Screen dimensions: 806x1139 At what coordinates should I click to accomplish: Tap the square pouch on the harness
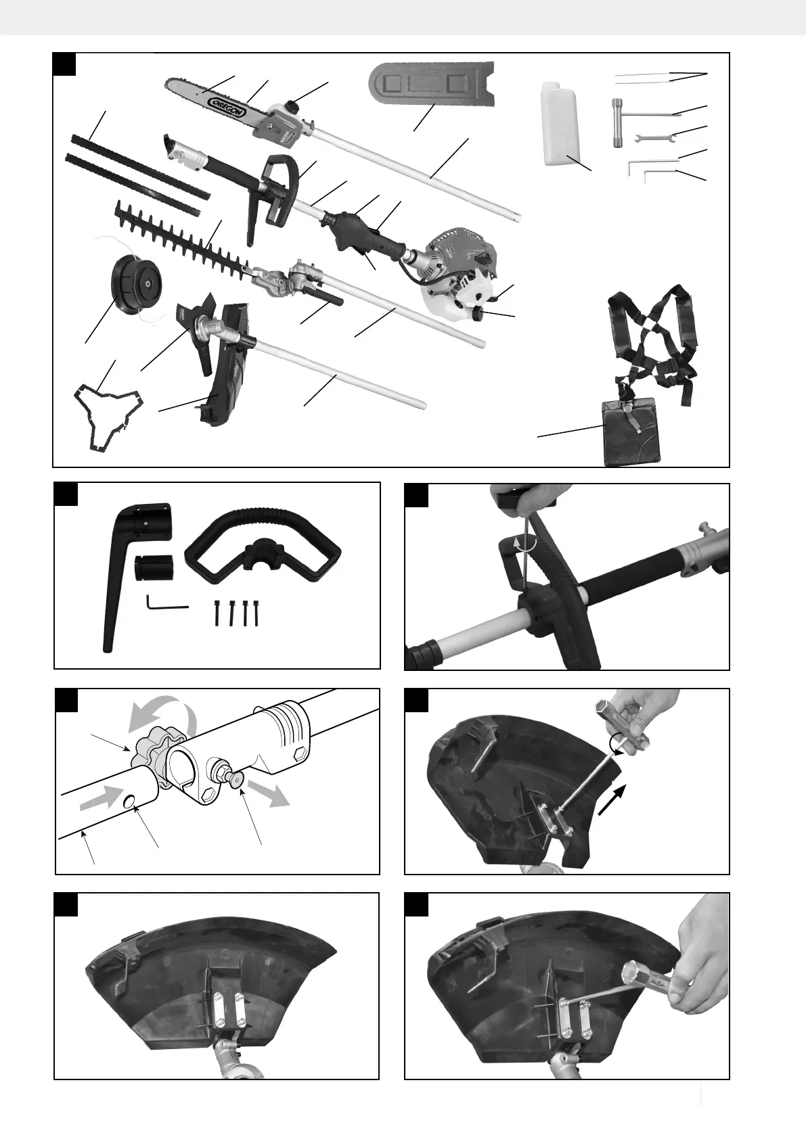click(631, 433)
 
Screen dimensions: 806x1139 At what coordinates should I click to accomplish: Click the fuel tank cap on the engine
click(479, 315)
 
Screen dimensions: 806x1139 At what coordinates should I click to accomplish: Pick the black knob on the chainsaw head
click(293, 106)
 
